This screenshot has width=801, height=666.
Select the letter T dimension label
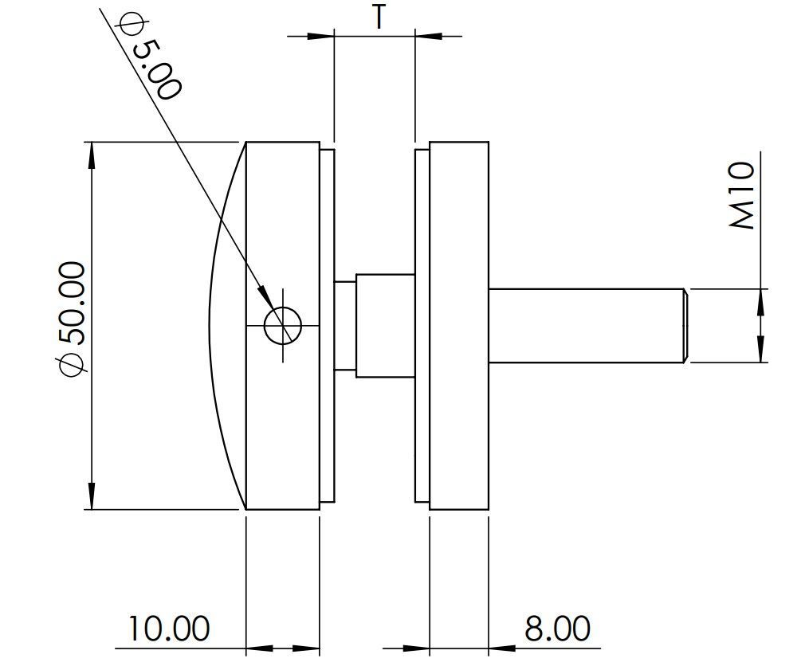(378, 17)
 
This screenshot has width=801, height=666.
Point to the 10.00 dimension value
(169, 629)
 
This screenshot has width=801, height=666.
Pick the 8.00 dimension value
(557, 629)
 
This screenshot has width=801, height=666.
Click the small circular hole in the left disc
(283, 325)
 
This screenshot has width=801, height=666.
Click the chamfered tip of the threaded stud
(685, 325)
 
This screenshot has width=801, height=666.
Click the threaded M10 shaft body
(586, 325)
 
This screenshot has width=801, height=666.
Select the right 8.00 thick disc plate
(458, 325)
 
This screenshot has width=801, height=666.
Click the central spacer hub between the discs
(384, 325)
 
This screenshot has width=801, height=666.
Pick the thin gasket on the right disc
(422, 325)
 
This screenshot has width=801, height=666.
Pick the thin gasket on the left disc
(327, 325)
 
